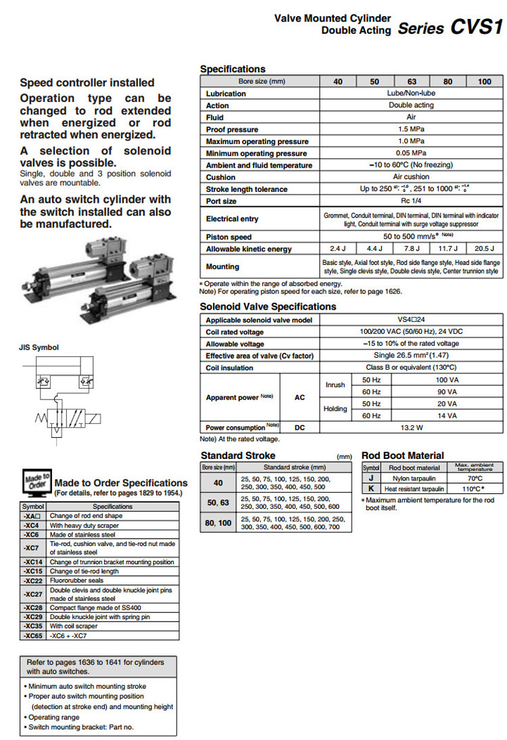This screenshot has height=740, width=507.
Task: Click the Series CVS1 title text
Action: tap(450, 28)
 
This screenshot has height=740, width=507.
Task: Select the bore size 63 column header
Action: tap(411, 82)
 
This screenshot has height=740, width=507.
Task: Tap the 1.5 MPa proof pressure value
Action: tap(411, 129)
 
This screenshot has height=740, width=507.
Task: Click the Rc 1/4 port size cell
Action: tap(411, 201)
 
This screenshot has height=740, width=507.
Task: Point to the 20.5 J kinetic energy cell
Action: tap(484, 249)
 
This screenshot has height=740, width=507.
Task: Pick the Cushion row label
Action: tap(221, 177)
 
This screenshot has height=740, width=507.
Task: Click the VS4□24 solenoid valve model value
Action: tap(411, 320)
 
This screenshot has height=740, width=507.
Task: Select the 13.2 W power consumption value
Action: tap(411, 427)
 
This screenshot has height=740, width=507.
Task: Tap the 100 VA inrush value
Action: tap(447, 380)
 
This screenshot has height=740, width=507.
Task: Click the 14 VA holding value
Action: tap(447, 416)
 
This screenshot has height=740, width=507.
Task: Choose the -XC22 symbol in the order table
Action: tap(33, 581)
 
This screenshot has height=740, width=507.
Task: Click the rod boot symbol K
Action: tap(371, 488)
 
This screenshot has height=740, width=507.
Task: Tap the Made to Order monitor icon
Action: tap(37, 483)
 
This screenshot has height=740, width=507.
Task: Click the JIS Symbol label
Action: tap(39, 347)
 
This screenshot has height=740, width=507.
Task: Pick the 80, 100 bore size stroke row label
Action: tap(218, 523)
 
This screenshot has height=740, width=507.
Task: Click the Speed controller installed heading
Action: tap(87, 82)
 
